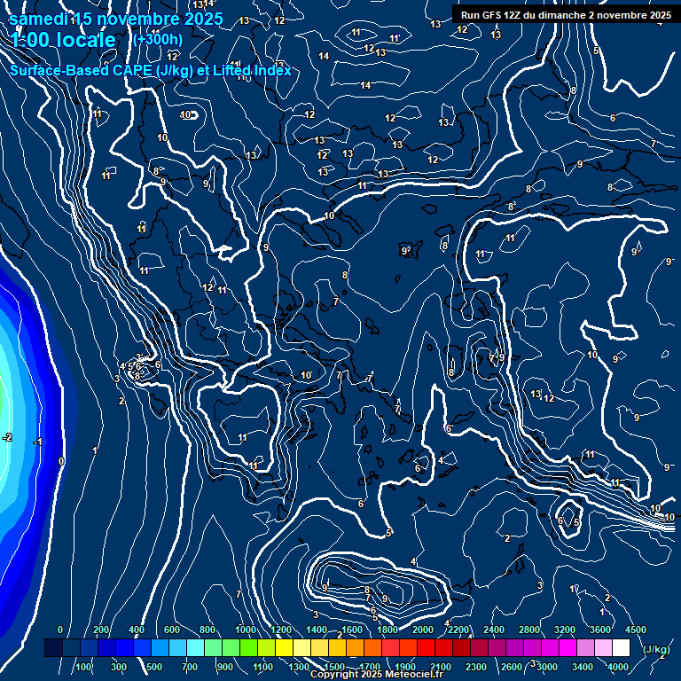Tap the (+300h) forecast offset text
coord(157,39)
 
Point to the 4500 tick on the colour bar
coord(635,630)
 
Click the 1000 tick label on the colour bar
coord(246,630)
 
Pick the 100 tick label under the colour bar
coord(84,667)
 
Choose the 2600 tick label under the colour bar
coord(512,667)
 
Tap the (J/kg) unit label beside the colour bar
coord(656,649)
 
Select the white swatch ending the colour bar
coord(621,648)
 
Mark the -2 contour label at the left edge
coord(7,437)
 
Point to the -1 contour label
coord(38,442)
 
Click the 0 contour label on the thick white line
coord(60,461)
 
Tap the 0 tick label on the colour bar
coord(60,630)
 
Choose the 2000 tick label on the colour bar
coord(423,630)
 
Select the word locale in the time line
coord(85,40)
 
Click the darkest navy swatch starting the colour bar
coord(53,648)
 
